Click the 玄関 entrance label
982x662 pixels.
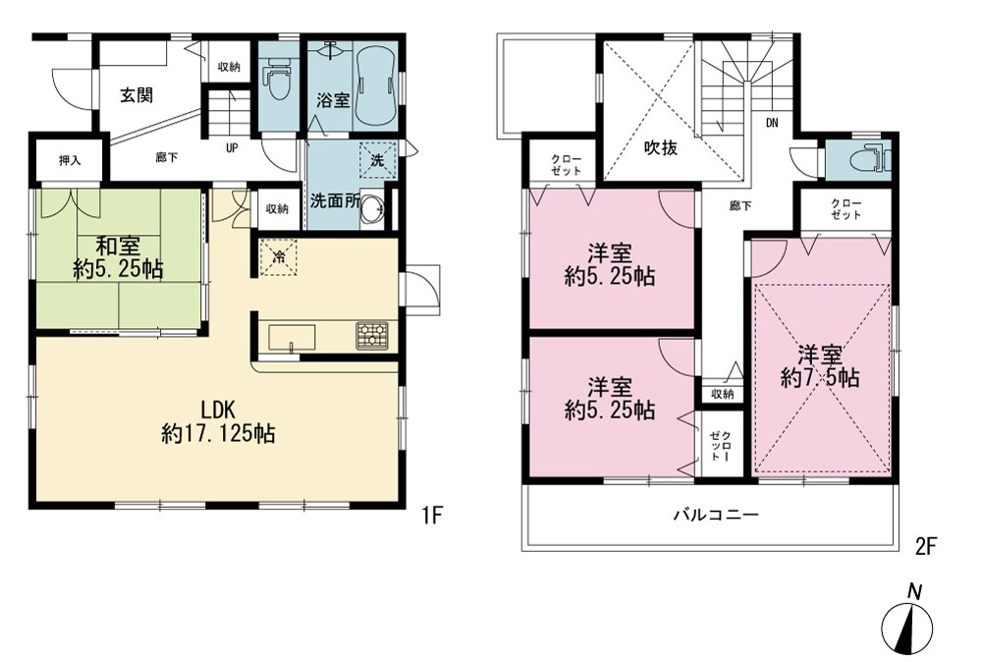[x=136, y=95]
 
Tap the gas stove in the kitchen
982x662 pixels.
[x=372, y=335]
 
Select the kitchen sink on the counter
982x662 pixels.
[x=292, y=338]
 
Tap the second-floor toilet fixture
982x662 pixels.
[x=870, y=156]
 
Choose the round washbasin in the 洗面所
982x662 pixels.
[x=373, y=206]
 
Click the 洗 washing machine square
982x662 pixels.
[x=378, y=160]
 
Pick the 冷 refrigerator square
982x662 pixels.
[x=279, y=256]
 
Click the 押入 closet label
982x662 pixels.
[x=70, y=160]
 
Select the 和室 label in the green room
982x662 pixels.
[x=118, y=245]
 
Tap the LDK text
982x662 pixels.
[x=218, y=411]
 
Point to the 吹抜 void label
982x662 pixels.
[x=661, y=148]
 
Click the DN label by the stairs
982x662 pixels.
[x=772, y=124]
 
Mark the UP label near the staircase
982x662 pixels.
[x=232, y=148]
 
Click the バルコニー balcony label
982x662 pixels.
[x=717, y=516]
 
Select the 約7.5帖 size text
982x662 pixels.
[x=820, y=378]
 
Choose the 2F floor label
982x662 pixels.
[x=926, y=547]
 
